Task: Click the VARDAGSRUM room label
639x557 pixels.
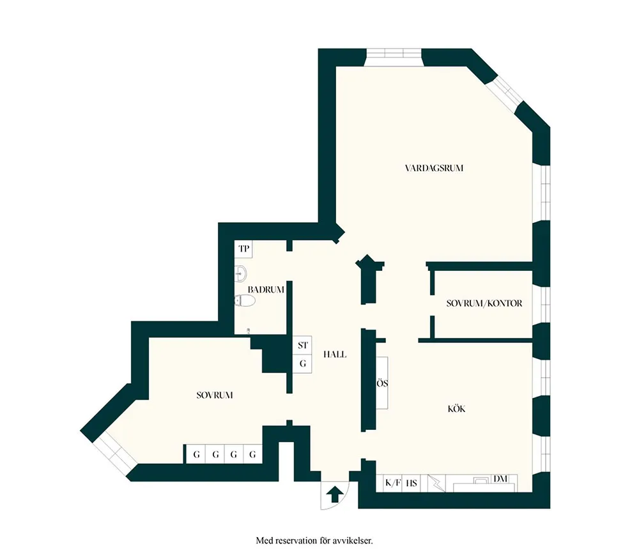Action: [434, 168]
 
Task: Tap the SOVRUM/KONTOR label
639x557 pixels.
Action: [484, 303]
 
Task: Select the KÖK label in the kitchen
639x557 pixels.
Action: [456, 409]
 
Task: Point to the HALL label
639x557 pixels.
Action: [335, 355]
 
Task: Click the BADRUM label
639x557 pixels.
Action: [266, 290]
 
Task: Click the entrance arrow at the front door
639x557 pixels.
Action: [335, 494]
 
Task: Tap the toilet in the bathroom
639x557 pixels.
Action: [245, 301]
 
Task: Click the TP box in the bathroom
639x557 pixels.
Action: [243, 248]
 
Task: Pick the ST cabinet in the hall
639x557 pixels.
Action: [302, 345]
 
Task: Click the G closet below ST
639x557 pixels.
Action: [302, 363]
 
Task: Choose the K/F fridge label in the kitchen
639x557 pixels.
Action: [393, 484]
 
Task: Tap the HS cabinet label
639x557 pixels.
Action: [412, 484]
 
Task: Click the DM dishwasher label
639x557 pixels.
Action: [500, 479]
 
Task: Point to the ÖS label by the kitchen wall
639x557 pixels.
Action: [382, 383]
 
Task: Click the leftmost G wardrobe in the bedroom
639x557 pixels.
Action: [196, 454]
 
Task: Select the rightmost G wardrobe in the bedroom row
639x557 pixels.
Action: [252, 454]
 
